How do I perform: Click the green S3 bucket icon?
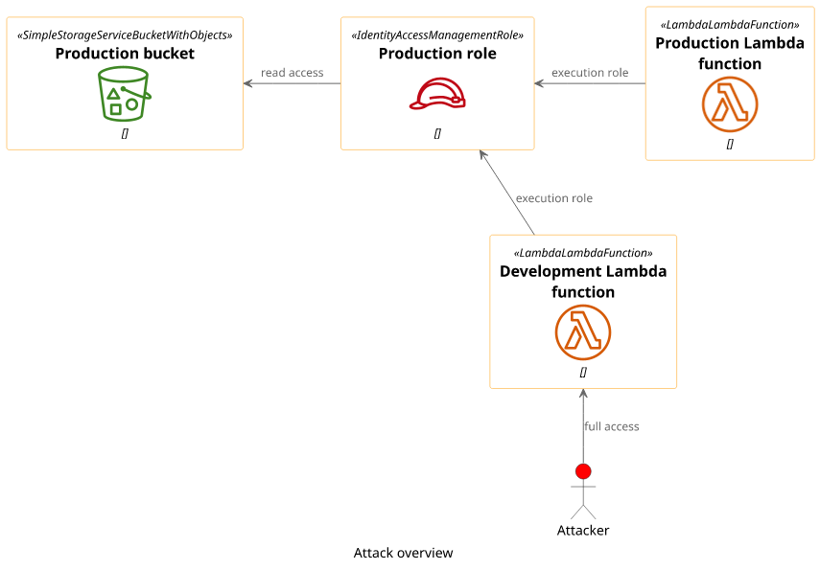tap(125, 94)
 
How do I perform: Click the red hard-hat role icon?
tap(437, 94)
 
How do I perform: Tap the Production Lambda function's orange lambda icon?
tap(730, 104)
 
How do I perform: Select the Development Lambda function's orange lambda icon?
tap(583, 332)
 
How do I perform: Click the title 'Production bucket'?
tap(125, 54)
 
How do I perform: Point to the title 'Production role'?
tap(437, 54)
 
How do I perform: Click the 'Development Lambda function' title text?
tap(583, 282)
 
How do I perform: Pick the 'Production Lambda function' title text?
tap(730, 54)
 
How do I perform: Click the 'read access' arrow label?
tap(292, 73)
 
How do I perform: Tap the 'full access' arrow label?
tap(611, 426)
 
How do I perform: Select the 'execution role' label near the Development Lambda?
tap(554, 198)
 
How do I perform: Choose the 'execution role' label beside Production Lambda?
tap(590, 73)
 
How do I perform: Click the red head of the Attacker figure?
tap(583, 471)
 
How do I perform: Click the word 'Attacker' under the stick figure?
tap(583, 531)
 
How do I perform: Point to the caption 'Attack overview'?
tap(403, 553)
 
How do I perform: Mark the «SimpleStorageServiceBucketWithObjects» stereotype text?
tap(125, 34)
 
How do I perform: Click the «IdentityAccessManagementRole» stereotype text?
tap(437, 34)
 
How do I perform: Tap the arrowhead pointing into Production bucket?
tap(248, 83)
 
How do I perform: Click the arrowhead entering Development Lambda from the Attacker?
tap(583, 394)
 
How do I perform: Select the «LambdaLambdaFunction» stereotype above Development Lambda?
tap(583, 253)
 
